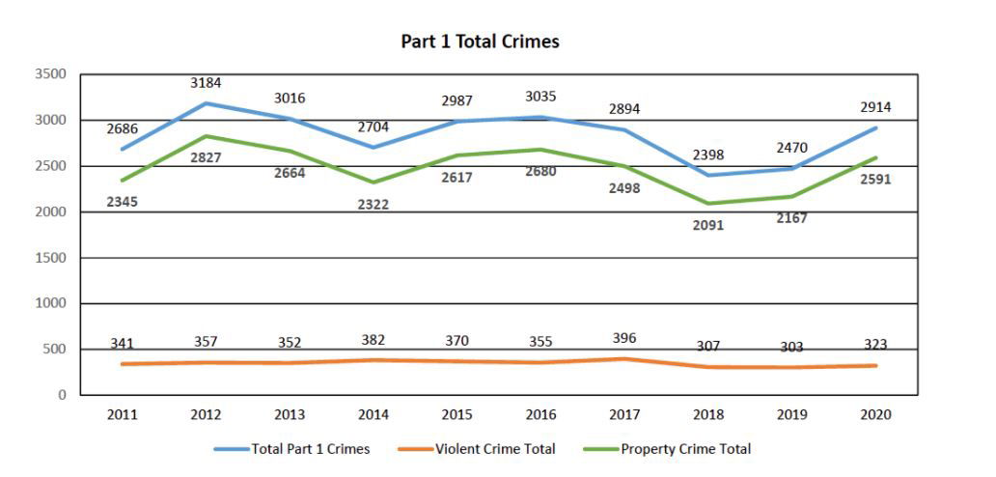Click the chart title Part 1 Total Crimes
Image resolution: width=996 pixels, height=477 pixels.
tap(480, 42)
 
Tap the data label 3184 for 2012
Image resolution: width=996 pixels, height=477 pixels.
tap(206, 83)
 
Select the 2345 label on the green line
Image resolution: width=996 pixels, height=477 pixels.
tap(122, 202)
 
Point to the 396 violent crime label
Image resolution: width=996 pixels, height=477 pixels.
tap(624, 338)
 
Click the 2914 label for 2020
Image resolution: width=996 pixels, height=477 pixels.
tap(875, 107)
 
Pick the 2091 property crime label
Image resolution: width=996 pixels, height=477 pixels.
tap(707, 225)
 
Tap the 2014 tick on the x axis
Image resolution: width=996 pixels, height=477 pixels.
tap(373, 414)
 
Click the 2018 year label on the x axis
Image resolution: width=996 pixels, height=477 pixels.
tap(707, 414)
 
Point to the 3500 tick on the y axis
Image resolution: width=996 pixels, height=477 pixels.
tap(51, 74)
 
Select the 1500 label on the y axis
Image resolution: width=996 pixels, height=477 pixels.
tap(51, 258)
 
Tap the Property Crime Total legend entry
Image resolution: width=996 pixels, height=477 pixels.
tap(685, 449)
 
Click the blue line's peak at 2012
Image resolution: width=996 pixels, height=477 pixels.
tap(206, 103)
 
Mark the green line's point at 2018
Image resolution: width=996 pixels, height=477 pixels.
tap(707, 203)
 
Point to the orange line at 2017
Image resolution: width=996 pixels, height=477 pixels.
tap(624, 359)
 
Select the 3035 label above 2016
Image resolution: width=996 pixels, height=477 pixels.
tap(540, 97)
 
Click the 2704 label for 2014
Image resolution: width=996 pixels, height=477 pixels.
tap(373, 126)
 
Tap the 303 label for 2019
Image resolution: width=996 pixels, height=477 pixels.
tap(791, 347)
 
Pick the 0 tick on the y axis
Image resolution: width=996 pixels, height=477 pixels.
tap(61, 395)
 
